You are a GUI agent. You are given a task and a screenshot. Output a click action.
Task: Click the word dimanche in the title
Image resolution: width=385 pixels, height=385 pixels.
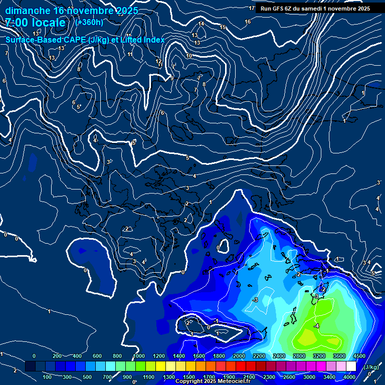coord(28,11)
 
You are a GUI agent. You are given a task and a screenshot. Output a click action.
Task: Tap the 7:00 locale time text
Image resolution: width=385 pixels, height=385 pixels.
coord(35,23)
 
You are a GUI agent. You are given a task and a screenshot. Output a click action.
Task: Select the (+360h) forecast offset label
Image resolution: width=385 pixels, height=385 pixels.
coord(89,22)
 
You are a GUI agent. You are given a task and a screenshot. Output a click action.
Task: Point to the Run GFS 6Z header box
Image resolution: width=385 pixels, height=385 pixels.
coord(315,9)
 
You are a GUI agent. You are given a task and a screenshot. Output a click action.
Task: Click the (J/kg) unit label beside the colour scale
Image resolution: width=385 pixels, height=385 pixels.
coord(370,367)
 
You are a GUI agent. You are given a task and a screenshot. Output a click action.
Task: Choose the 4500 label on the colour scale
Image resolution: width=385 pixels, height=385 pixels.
coord(359,356)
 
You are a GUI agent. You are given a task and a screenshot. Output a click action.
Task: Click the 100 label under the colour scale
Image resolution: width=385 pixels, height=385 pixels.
coord(48,377)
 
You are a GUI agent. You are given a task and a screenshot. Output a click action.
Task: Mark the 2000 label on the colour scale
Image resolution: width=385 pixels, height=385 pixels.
coord(239,356)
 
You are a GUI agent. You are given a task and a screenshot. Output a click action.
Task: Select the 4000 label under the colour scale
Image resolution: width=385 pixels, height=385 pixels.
coord(349,377)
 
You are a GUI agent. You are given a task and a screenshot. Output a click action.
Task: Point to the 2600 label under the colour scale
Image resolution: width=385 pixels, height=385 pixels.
coord(289,377)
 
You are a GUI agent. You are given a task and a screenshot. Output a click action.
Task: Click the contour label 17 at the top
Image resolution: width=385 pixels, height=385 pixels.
coord(252,9)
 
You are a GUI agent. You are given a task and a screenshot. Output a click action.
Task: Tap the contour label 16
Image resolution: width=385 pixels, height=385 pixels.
coord(248,22)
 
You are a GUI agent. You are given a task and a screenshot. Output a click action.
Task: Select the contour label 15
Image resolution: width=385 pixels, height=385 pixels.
coord(223,27)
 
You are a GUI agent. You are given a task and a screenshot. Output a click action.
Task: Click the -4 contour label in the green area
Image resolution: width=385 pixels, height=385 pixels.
coord(316,326)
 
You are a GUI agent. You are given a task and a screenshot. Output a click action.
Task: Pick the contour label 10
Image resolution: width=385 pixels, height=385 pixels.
coord(189,56)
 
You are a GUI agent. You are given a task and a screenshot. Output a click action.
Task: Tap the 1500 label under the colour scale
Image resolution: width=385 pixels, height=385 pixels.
coord(188,377)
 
